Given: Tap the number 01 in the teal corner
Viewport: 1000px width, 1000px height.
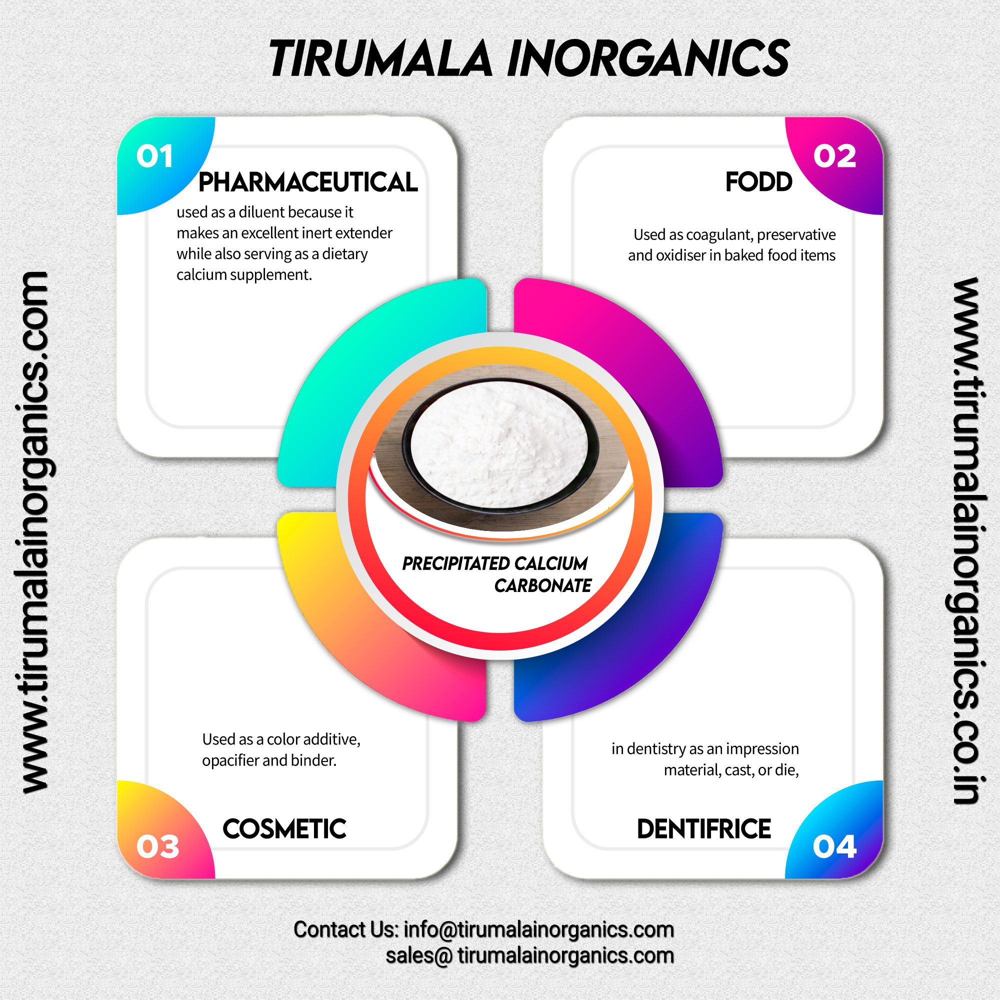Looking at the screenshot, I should pyautogui.click(x=154, y=156).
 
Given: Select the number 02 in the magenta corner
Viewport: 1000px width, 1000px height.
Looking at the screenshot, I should pyautogui.click(x=834, y=156).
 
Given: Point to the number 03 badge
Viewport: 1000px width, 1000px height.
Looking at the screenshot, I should pyautogui.click(x=157, y=847).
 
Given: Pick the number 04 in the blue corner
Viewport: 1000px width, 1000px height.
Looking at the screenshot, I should pyautogui.click(x=834, y=847).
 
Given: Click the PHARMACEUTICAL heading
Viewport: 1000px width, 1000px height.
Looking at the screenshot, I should pyautogui.click(x=308, y=182).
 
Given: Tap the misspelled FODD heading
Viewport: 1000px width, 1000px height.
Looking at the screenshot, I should pyautogui.click(x=758, y=182).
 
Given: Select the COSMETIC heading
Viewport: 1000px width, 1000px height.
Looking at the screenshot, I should pyautogui.click(x=284, y=829).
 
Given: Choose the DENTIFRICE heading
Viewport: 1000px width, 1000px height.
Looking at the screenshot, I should pyautogui.click(x=704, y=829).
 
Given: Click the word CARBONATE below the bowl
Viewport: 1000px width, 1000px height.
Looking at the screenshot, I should pyautogui.click(x=542, y=586).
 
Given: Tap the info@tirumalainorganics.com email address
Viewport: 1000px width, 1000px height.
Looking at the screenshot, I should pyautogui.click(x=538, y=929).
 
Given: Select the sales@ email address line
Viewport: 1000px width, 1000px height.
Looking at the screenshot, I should pyautogui.click(x=529, y=955).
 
